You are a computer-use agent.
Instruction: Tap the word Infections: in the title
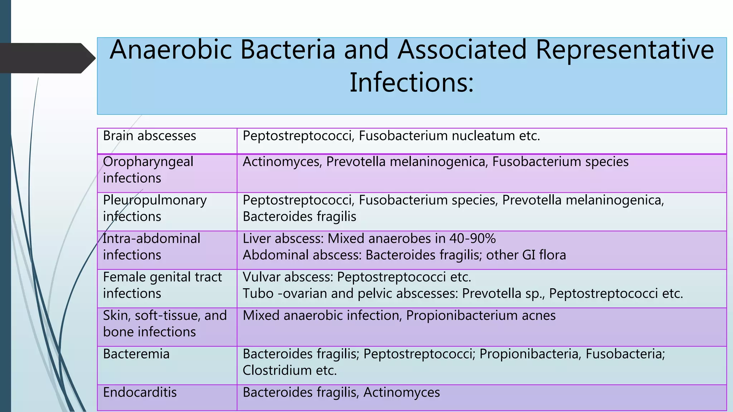coord(412,83)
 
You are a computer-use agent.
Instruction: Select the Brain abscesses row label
coord(149,136)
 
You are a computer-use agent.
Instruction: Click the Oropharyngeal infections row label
coord(148,170)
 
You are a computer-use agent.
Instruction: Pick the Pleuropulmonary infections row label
coord(155,208)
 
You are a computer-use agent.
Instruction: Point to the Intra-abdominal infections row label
coord(151,246)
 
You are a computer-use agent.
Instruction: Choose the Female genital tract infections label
coord(162,285)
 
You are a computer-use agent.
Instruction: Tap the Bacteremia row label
coord(136,354)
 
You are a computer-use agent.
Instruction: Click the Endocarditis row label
coord(140,392)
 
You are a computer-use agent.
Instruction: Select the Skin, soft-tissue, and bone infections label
coord(165,323)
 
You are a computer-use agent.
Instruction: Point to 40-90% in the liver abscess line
coord(472,239)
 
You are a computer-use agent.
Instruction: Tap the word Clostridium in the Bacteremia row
coord(277,371)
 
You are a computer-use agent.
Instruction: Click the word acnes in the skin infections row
coord(538,315)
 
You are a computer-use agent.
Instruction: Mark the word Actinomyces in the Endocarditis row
coord(402,392)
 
